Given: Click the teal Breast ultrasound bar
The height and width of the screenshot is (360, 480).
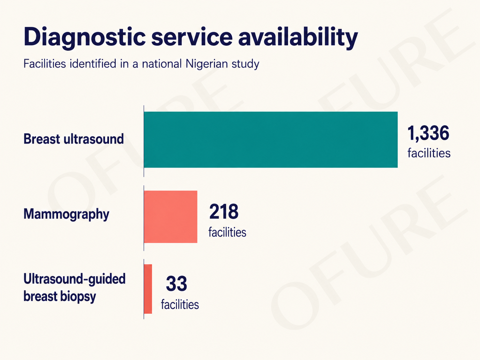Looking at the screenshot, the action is [271, 140].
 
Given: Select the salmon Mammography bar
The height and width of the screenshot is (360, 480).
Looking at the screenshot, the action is [171, 216].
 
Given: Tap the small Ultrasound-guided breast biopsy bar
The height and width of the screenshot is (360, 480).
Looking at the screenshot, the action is [148, 289].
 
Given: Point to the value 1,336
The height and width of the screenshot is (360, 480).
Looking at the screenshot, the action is [428, 133].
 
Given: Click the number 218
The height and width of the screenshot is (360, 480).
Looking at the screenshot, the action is [224, 211].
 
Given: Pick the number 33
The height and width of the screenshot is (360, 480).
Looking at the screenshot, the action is [176, 283].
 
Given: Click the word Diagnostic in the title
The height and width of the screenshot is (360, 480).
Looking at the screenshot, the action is [85, 37].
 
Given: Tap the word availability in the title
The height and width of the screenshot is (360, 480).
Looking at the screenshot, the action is [298, 37].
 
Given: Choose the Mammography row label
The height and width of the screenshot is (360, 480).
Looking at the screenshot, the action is [66, 214].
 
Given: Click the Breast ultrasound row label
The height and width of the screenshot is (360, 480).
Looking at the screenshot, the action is [74, 139].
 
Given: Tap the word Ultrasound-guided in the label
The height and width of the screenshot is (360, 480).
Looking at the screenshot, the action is [75, 279].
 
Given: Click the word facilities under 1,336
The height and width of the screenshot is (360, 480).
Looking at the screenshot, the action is [429, 153].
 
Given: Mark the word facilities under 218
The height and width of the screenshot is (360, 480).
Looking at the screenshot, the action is [227, 232].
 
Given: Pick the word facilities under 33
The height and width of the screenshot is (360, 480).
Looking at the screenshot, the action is [180, 305].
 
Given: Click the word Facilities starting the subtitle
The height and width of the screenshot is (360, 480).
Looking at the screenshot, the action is [45, 64].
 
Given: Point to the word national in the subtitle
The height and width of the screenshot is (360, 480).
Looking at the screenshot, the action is [162, 64].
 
